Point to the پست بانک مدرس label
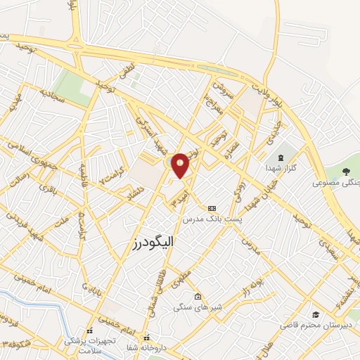(212, 220)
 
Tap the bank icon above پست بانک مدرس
(212, 208)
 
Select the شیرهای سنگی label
(198, 307)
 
